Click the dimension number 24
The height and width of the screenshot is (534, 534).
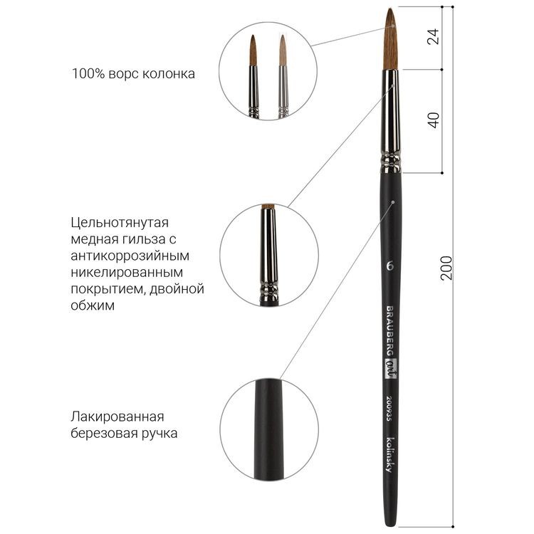(x=433, y=36)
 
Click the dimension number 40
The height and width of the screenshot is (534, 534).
(x=434, y=120)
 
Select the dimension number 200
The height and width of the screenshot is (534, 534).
(x=446, y=268)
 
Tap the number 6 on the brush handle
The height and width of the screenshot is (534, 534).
(x=390, y=266)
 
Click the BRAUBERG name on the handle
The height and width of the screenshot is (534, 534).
(x=389, y=330)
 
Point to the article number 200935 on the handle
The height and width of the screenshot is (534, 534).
(x=389, y=408)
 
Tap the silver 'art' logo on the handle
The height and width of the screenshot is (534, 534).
(x=390, y=369)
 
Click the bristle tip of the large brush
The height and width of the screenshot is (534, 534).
(x=389, y=9)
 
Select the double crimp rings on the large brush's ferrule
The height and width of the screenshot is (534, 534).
(x=391, y=162)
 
